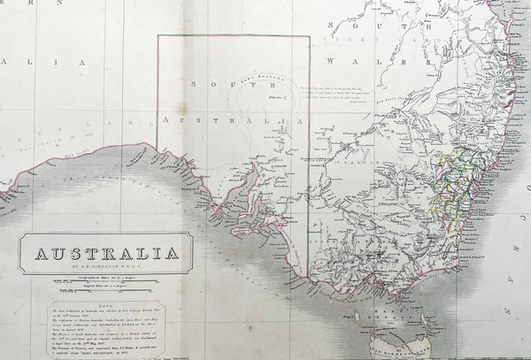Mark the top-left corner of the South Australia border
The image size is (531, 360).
pos(158,35)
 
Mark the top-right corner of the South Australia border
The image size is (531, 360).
pos(309,35)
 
